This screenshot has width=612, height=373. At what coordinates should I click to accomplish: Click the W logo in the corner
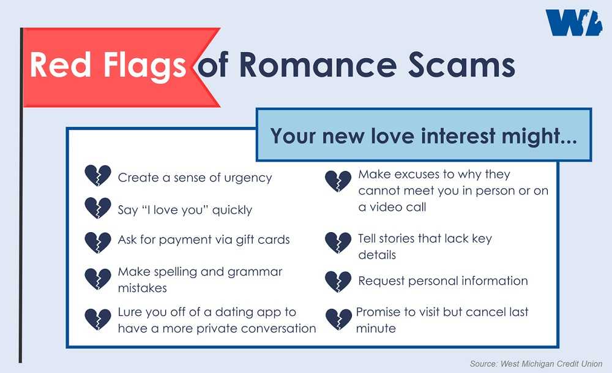pyautogui.click(x=574, y=23)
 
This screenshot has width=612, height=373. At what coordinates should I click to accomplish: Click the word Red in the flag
pyautogui.click(x=61, y=65)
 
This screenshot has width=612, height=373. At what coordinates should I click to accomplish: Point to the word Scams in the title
pyautogui.click(x=461, y=65)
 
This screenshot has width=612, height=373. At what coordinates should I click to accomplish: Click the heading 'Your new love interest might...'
pyautogui.click(x=424, y=137)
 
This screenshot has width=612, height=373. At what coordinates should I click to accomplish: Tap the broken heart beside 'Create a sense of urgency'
pyautogui.click(x=98, y=175)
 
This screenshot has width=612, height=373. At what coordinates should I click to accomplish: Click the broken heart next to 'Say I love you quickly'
pyautogui.click(x=98, y=208)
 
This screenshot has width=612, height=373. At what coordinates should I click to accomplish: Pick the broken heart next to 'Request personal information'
pyautogui.click(x=338, y=282)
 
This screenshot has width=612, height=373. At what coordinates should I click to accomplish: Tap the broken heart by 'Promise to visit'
pyautogui.click(x=339, y=320)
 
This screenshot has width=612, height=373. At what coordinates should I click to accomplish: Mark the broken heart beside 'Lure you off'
pyautogui.click(x=98, y=320)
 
